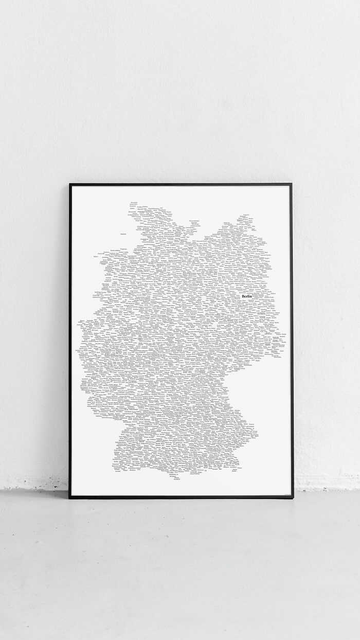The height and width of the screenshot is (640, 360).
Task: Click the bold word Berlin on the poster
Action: click(247, 297)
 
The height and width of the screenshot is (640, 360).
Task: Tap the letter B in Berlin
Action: click(243, 297)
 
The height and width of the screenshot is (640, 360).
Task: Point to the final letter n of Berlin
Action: click(251, 297)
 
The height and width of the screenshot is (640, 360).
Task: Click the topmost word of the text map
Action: click(134, 203)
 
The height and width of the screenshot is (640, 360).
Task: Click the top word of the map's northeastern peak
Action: click(246, 215)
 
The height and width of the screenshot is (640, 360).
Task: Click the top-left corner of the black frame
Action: click(70, 184)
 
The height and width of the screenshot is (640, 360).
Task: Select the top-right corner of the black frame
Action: click(292, 184)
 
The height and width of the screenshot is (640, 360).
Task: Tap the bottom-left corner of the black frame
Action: click(70, 497)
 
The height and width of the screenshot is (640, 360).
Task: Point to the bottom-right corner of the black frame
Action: click(293, 497)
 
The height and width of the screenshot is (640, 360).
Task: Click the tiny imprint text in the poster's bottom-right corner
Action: click(286, 494)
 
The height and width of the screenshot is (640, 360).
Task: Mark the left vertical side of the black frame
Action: click(70, 340)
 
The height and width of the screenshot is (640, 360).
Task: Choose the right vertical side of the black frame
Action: click(292, 340)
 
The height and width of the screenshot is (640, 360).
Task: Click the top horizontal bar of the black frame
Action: click(180, 184)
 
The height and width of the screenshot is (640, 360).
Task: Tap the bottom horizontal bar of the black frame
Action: click(180, 497)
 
